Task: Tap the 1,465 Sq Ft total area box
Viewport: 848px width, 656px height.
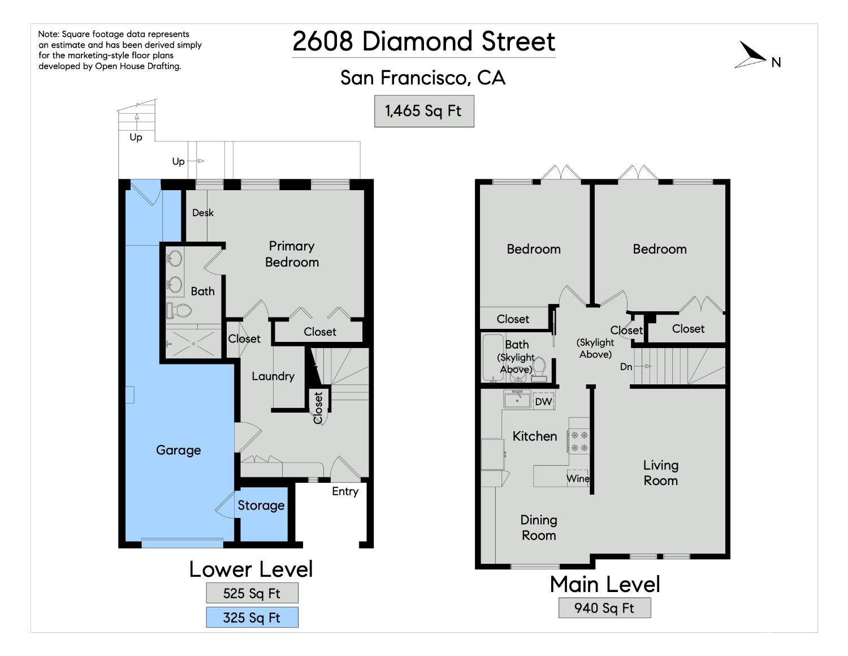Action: click(424, 111)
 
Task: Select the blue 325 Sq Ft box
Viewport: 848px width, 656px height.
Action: click(252, 618)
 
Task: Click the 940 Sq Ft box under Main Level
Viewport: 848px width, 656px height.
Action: click(604, 608)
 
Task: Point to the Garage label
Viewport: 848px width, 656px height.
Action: click(178, 450)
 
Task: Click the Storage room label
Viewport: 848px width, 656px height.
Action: click(261, 505)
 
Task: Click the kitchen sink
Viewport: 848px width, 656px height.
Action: click(517, 400)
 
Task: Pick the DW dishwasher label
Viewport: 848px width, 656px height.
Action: click(543, 402)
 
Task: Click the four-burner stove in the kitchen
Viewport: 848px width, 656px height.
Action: click(579, 441)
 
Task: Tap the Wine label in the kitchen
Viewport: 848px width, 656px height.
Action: click(578, 478)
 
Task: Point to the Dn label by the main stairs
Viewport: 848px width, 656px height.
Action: click(626, 366)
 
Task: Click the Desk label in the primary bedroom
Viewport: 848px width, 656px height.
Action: click(203, 213)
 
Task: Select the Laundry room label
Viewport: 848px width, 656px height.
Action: click(273, 376)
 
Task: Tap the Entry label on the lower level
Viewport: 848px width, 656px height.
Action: click(345, 491)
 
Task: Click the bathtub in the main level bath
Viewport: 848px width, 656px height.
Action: click(494, 357)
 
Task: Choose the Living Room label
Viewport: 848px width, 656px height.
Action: click(661, 473)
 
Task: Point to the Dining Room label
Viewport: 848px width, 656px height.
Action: click(539, 528)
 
